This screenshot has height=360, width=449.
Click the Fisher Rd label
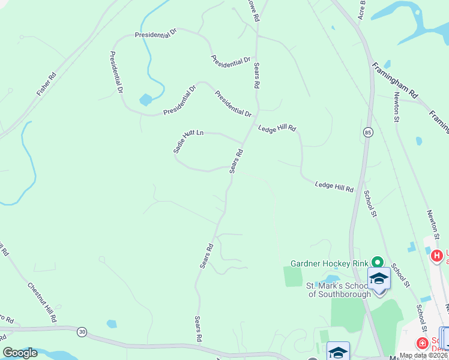[46, 84]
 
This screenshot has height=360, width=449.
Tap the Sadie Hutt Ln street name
[188, 142]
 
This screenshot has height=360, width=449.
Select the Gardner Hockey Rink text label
[329, 263]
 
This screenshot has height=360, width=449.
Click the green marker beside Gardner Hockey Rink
[377, 262]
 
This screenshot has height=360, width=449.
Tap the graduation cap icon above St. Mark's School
[379, 278]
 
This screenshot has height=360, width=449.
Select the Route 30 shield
[82, 331]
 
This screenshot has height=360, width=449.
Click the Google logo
[20, 353]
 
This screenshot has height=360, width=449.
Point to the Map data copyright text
[424, 355]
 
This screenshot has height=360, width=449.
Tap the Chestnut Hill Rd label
[42, 300]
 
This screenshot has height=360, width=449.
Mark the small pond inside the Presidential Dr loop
[145, 100]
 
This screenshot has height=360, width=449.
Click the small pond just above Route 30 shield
[111, 324]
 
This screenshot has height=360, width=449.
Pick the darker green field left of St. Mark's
[294, 277]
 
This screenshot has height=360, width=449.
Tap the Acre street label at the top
[362, 8]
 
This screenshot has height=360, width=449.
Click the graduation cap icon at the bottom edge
[338, 352]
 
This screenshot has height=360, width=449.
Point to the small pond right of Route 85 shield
[418, 141]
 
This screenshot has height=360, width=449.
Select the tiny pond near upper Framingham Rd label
[387, 64]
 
